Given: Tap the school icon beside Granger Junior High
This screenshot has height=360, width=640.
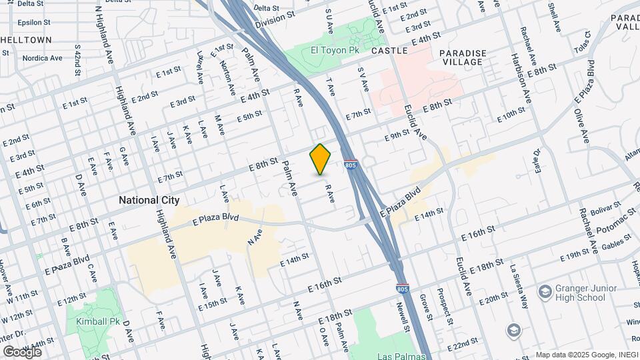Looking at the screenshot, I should click(x=545, y=291).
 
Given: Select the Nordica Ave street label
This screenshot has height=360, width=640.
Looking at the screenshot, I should click(x=40, y=58).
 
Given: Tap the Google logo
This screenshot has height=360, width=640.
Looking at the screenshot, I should click(x=22, y=351).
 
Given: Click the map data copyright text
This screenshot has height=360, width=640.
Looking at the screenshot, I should click(x=587, y=355).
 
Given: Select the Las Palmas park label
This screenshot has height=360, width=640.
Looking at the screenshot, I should click(x=401, y=356).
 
